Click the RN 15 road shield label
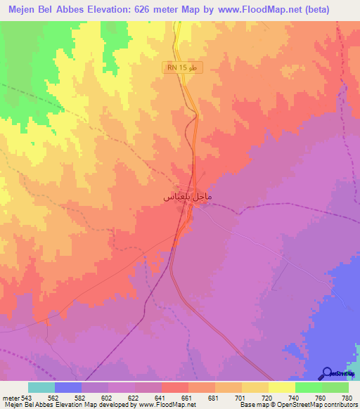pos(182,67)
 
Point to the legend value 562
pos(53,397)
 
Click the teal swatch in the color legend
pos(41,387)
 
